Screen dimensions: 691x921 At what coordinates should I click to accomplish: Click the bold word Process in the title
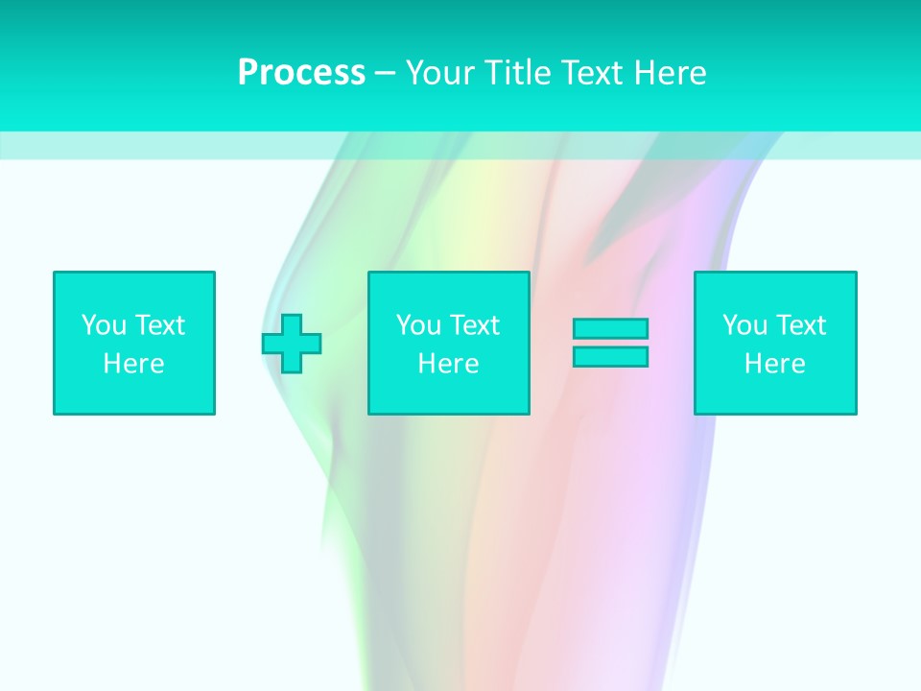tap(301, 73)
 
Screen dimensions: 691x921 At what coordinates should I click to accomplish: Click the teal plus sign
tap(292, 344)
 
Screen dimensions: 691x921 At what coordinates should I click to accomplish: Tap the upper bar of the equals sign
tap(610, 329)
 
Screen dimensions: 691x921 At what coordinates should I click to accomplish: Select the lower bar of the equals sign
tap(610, 356)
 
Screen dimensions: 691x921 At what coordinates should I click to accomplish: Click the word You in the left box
tap(104, 325)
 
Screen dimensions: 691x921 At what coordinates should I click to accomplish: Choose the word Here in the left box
tap(133, 364)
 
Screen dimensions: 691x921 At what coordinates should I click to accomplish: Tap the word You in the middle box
tap(418, 325)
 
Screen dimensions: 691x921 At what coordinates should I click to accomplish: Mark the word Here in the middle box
tap(448, 364)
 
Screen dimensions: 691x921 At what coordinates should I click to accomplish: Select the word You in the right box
tap(744, 325)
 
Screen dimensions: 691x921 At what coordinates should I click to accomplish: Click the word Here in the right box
tap(774, 364)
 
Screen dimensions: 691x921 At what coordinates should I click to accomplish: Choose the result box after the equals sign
tap(775, 393)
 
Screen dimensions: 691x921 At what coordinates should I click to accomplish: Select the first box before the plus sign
tap(134, 393)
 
